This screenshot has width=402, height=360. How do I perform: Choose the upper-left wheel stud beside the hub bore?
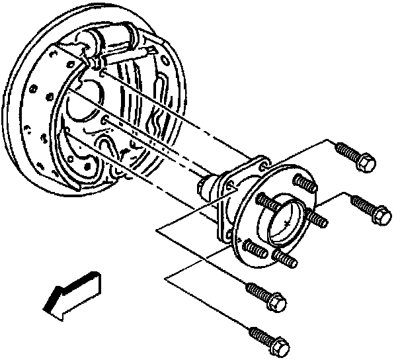[264, 200]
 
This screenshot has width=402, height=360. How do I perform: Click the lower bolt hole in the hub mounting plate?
[229, 234]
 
